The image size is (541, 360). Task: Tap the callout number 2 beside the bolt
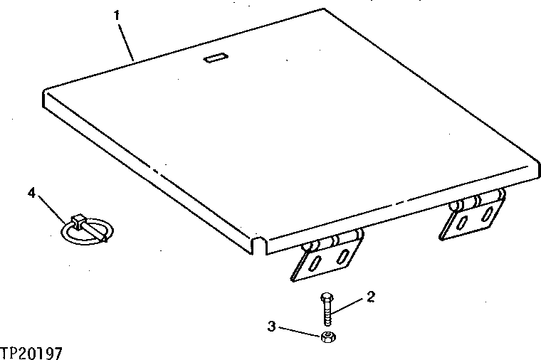370,297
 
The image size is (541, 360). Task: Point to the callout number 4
31,192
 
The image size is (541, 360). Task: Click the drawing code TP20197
32,352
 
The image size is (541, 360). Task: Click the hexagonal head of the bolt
325,297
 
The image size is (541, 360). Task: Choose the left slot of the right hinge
461,223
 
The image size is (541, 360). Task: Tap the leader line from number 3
299,332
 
